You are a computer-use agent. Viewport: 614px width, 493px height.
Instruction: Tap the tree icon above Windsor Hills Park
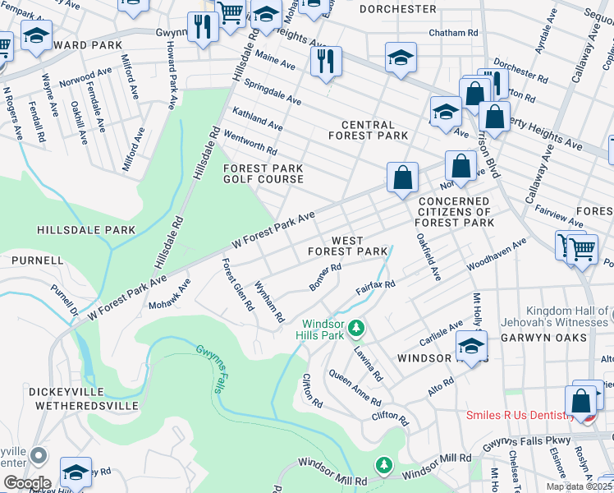tap(356, 329)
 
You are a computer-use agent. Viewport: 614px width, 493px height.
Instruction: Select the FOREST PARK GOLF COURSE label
tap(263, 173)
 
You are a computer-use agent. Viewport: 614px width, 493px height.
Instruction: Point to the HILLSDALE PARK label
tap(85, 232)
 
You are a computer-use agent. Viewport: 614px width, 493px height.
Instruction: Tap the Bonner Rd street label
tap(324, 277)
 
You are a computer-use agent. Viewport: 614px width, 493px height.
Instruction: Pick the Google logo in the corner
tap(27, 482)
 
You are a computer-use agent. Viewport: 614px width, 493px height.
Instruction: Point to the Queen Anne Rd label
tap(355, 386)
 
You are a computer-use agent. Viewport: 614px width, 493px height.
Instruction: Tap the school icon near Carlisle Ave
tap(472, 344)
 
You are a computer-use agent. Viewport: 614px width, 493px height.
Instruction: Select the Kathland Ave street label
tap(257, 119)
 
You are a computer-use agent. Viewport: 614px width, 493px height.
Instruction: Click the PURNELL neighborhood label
tap(37, 260)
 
